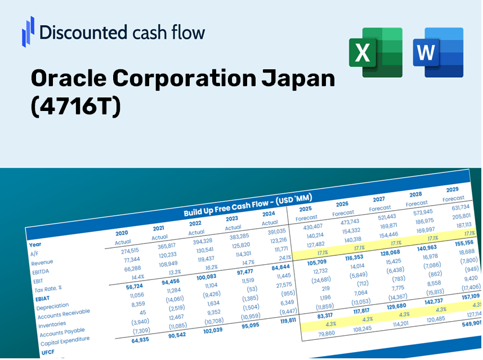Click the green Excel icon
tap(375, 52)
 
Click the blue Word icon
tap(437, 52)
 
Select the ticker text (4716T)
tap(76, 107)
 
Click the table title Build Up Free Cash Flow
tap(248, 205)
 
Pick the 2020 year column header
tap(122, 233)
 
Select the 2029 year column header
tap(452, 190)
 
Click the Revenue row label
tap(42, 263)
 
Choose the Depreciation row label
tap(52, 307)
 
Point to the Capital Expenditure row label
tap(65, 339)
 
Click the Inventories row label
tap(52, 324)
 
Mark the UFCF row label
tap(48, 353)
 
